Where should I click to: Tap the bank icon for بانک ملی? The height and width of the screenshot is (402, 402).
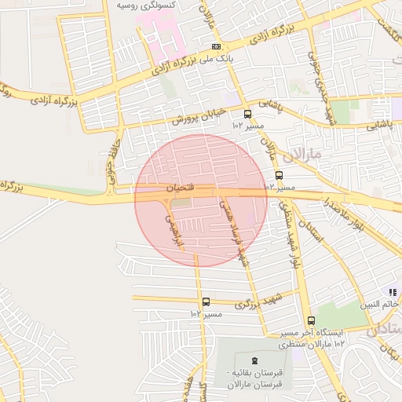[227, 47]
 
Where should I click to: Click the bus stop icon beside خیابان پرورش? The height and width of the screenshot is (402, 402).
[248, 113]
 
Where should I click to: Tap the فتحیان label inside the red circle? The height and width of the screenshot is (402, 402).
[177, 188]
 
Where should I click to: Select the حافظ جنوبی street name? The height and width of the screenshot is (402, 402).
[110, 157]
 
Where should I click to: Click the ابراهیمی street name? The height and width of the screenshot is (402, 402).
[172, 228]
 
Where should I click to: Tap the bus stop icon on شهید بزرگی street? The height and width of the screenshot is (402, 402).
[206, 301]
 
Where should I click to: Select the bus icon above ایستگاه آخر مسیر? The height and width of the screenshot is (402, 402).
[311, 320]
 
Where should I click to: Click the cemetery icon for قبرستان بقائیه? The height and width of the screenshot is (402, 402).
[242, 360]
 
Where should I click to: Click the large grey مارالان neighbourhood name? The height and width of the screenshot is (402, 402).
[305, 153]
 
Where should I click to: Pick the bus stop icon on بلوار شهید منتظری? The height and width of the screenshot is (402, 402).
[279, 176]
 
